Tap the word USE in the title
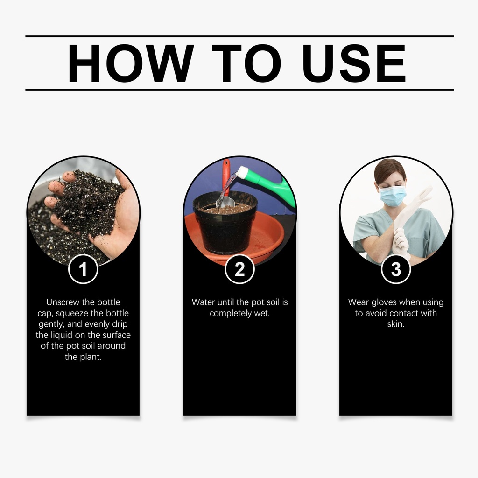pos(354,63)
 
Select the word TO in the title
pos(246,63)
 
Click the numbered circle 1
pos(83,269)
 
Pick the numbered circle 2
pos(239,269)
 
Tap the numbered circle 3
pos(396,269)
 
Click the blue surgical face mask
pos(392,196)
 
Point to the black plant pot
pos(225,223)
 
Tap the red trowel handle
pos(226,177)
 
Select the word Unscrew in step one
pos(63,302)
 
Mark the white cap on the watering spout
pos(242,172)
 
